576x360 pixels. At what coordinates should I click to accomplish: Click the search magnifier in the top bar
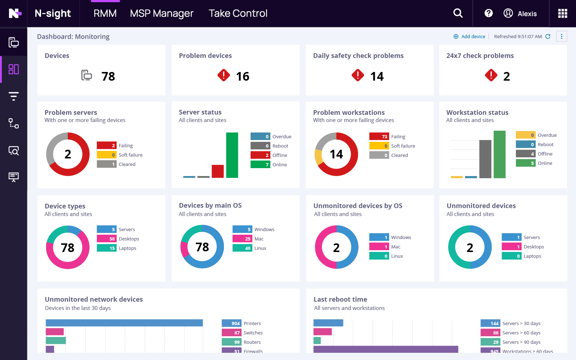pyautogui.click(x=458, y=13)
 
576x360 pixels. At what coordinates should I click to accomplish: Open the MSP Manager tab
pyautogui.click(x=162, y=14)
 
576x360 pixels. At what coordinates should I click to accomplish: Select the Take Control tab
pyautogui.click(x=238, y=14)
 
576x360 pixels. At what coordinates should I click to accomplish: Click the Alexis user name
pyautogui.click(x=527, y=14)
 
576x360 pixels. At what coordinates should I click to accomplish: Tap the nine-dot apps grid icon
pyautogui.click(x=562, y=13)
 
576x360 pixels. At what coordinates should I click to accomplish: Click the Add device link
pyautogui.click(x=473, y=36)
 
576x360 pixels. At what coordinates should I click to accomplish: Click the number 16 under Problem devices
pyautogui.click(x=243, y=76)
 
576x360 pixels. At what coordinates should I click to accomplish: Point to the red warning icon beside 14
pyautogui.click(x=358, y=75)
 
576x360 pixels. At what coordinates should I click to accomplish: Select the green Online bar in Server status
pyautogui.click(x=232, y=155)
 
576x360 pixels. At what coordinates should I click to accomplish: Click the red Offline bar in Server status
pyautogui.click(x=218, y=171)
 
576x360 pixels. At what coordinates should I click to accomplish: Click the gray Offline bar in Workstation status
pyautogui.click(x=485, y=159)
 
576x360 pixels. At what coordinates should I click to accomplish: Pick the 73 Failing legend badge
pyautogui.click(x=379, y=136)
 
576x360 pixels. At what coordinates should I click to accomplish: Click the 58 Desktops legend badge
pyautogui.click(x=107, y=239)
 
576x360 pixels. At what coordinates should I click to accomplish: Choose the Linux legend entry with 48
pyautogui.click(x=249, y=248)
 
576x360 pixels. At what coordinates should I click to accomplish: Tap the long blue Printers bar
pyautogui.click(x=124, y=323)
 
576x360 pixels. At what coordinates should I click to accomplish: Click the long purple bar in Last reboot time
pyautogui.click(x=386, y=349)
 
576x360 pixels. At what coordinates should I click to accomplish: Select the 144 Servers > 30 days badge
pyautogui.click(x=490, y=323)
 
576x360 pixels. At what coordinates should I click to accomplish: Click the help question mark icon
pyautogui.click(x=489, y=13)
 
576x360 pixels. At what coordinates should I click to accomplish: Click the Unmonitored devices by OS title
pyautogui.click(x=358, y=206)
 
